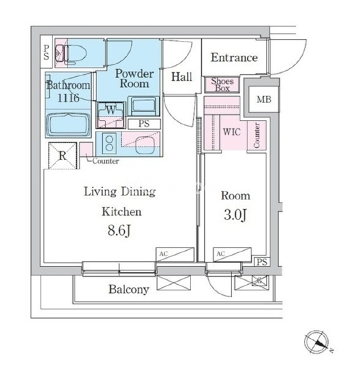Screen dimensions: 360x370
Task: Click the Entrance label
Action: [x=234, y=57]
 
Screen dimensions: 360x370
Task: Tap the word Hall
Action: [x=182, y=77]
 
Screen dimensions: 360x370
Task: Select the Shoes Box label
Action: [x=222, y=85]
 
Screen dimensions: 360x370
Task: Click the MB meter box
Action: [x=263, y=100]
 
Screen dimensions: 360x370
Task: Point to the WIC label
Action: [x=232, y=132]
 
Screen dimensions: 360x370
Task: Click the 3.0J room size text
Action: [x=235, y=215]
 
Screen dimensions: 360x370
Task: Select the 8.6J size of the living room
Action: [x=119, y=231]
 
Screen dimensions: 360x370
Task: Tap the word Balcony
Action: [x=128, y=289]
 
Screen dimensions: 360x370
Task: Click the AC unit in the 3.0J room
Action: [x=232, y=254]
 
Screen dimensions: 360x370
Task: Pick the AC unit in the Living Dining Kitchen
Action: [x=175, y=254]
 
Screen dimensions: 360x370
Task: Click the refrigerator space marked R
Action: [x=63, y=156]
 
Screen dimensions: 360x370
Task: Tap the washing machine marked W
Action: [x=111, y=115]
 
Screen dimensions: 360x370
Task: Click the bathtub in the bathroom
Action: [x=68, y=124]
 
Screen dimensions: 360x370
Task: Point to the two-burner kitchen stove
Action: [x=109, y=143]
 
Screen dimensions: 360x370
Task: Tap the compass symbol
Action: [x=316, y=342]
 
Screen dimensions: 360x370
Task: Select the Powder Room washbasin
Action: [x=143, y=106]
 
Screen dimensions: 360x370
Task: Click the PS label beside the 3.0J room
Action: [x=262, y=262]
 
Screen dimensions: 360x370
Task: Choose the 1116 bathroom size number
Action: [x=68, y=98]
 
